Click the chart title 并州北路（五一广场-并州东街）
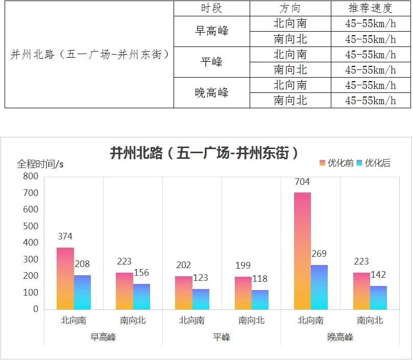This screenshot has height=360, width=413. pyautogui.click(x=204, y=154)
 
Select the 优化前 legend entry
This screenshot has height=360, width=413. pyautogui.click(x=336, y=163)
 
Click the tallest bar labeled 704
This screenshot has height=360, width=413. pyautogui.click(x=302, y=250)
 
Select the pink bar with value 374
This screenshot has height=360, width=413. pyautogui.click(x=65, y=278)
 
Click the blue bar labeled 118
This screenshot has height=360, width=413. pyautogui.click(x=260, y=300)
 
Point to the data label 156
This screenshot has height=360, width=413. pyautogui.click(x=141, y=273)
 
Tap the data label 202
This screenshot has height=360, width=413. pyautogui.click(x=183, y=265)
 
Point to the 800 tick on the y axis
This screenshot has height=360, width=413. pyautogui.click(x=30, y=177)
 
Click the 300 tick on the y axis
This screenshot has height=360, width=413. pyautogui.click(x=30, y=259)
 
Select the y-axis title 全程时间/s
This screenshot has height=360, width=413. pyautogui.click(x=40, y=164)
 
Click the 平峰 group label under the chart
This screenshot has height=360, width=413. pyautogui.click(x=222, y=337)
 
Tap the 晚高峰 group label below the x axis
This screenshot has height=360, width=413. pyautogui.click(x=340, y=337)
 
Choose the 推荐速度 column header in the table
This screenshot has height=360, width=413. pyautogui.click(x=370, y=8)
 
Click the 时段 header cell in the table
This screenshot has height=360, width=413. pyautogui.click(x=211, y=8)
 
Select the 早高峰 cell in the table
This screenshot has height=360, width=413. pyautogui.click(x=211, y=31)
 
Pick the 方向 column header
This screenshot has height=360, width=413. pyautogui.click(x=290, y=8)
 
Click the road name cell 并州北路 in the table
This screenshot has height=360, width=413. pyautogui.click(x=89, y=54)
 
